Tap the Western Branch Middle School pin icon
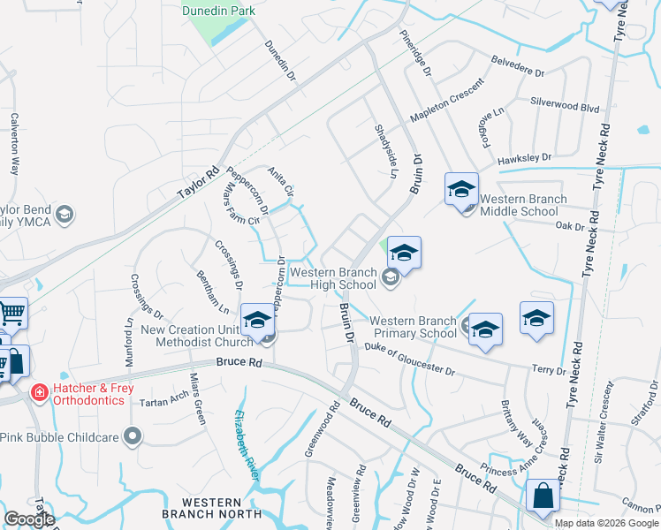click(461, 191)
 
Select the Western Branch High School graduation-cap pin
click(403, 254)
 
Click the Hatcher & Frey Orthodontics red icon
click(39, 391)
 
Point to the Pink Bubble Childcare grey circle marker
click(133, 435)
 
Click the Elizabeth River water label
click(247, 446)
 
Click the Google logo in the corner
click(30, 519)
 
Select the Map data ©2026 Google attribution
click(606, 523)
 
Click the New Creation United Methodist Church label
click(197, 336)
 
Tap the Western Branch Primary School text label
click(413, 327)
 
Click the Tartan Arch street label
click(163, 400)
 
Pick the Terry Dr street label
click(549, 369)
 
